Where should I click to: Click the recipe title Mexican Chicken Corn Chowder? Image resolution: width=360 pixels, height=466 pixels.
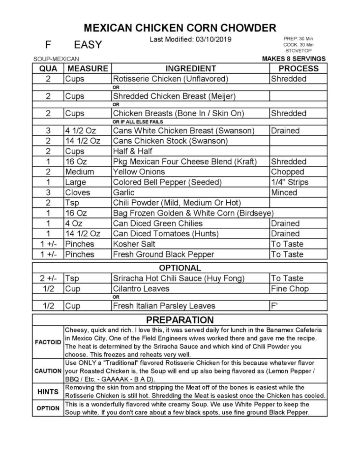click(180, 28)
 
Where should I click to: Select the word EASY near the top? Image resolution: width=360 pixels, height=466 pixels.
click(88, 45)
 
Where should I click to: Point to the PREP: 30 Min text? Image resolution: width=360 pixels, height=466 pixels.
click(298, 39)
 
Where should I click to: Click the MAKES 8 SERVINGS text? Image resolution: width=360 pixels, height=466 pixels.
click(294, 59)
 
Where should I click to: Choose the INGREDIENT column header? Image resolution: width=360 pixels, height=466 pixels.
click(191, 68)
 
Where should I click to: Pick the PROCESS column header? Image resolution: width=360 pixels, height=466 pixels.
click(298, 68)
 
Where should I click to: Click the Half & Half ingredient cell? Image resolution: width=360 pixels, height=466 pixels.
click(133, 151)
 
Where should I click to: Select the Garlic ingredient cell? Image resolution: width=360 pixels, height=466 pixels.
click(124, 192)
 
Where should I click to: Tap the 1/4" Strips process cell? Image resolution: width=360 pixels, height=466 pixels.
click(290, 182)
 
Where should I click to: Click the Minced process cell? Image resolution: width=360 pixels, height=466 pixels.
click(284, 192)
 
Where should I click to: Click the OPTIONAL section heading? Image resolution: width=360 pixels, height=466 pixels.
click(180, 268)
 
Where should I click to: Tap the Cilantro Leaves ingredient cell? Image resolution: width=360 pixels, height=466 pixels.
click(141, 288)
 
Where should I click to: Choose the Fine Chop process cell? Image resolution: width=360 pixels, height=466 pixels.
click(290, 288)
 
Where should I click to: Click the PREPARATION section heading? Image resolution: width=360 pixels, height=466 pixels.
click(180, 320)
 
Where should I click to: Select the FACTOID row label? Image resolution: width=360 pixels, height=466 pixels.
click(48, 342)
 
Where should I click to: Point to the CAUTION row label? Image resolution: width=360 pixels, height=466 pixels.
click(48, 371)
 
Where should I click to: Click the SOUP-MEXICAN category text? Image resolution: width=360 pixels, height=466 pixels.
click(56, 59)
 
